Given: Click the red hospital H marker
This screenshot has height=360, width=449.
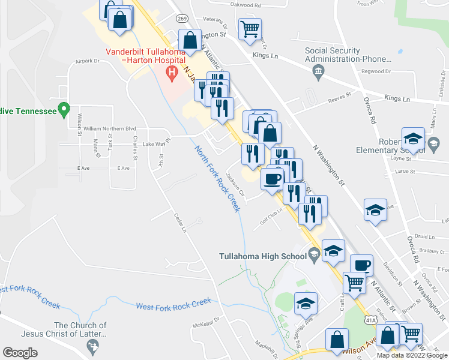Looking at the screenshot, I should coord(172,74).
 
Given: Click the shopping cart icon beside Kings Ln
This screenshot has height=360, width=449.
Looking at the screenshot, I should coord(250,28).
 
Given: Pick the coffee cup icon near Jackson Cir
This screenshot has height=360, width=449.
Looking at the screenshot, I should coord(273,178).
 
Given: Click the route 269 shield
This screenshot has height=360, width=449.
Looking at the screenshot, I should coord(182,19).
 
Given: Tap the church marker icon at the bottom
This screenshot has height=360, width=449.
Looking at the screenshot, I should coord(92,345).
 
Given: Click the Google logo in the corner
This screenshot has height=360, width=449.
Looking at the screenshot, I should coord(20,353).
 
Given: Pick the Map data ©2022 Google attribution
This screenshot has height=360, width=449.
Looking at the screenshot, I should coord(411,355).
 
